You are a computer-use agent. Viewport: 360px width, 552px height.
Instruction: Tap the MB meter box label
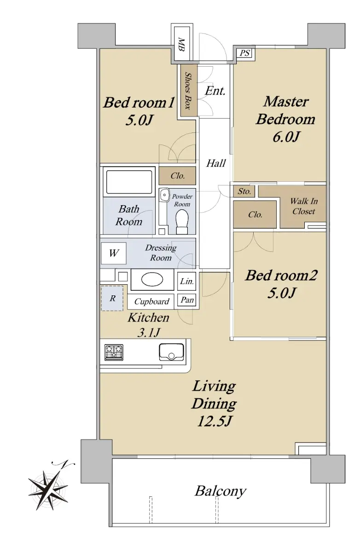(181, 45)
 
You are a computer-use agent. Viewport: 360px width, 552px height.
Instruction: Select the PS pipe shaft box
(244, 53)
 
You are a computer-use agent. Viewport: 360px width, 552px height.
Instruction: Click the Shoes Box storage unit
(189, 91)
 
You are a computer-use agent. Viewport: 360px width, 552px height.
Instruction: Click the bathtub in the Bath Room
(129, 182)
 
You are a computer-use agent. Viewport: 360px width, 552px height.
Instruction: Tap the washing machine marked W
(113, 253)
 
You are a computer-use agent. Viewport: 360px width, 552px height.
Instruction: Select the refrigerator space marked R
(112, 298)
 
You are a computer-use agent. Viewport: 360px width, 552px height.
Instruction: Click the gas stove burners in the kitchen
(114, 352)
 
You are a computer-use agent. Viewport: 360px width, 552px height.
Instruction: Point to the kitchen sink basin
(171, 352)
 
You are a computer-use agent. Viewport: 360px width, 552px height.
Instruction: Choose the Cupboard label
(151, 301)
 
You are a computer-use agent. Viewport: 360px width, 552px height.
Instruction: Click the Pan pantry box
(187, 300)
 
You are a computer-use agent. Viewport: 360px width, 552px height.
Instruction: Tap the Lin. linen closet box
(186, 281)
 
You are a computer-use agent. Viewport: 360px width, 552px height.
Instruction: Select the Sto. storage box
(244, 191)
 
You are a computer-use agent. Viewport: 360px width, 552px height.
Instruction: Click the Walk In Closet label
(303, 206)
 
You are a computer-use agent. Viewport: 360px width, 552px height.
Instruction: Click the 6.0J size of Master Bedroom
(285, 137)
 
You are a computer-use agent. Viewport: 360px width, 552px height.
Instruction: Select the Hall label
(216, 163)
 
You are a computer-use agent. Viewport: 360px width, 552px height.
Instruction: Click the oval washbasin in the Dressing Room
(152, 280)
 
